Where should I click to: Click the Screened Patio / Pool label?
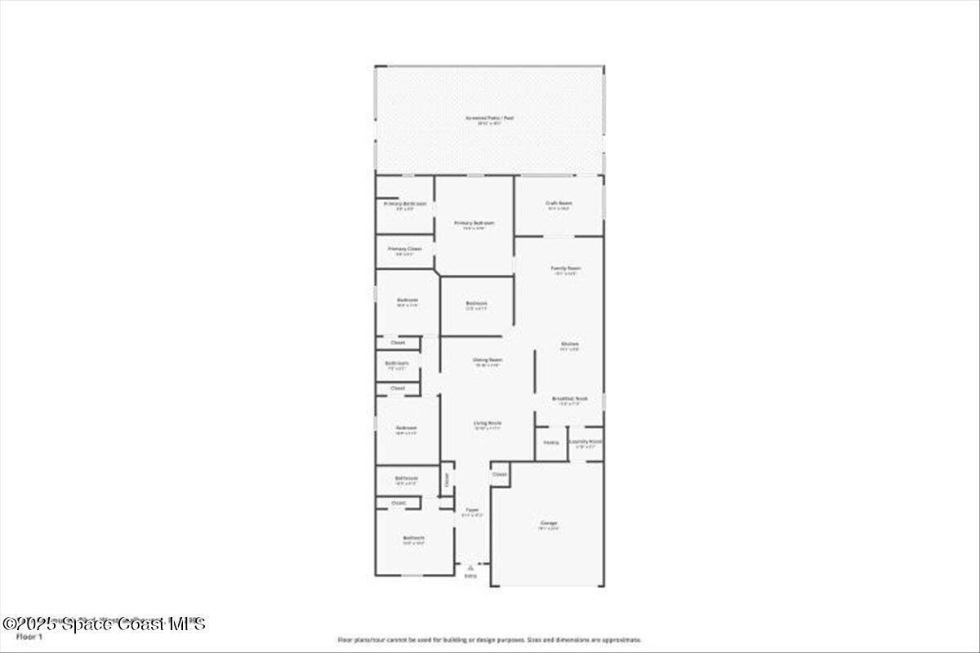click(489, 118)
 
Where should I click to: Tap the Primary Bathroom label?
click(405, 203)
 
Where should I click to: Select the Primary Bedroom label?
click(474, 223)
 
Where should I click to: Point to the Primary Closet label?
click(405, 249)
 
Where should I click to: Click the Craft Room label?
click(559, 203)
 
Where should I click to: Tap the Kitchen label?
click(569, 344)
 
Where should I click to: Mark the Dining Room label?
click(487, 360)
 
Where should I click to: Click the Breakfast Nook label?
click(569, 398)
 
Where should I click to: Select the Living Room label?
click(488, 423)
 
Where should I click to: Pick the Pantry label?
click(551, 442)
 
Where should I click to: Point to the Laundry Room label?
click(586, 442)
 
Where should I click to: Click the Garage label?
click(548, 522)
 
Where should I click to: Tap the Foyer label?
click(472, 510)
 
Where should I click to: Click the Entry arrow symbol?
click(470, 566)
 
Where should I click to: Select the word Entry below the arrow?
click(470, 576)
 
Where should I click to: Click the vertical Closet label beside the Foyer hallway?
click(447, 480)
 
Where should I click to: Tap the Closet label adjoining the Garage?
click(500, 474)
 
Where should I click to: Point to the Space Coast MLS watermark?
click(104, 624)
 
